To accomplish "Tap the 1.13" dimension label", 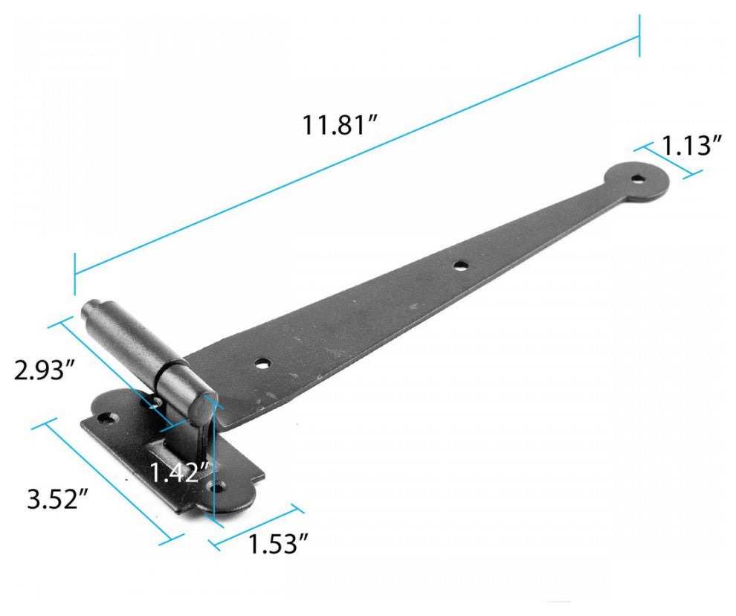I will (693, 146).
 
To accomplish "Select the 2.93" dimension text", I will (45, 368).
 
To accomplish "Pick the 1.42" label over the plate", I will (177, 472).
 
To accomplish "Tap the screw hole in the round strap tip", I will (638, 179).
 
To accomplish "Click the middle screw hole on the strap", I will (461, 264).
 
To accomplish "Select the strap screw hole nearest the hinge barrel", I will (262, 364).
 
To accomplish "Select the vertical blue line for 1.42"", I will (213, 461).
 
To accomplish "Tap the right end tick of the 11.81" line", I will (639, 36).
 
